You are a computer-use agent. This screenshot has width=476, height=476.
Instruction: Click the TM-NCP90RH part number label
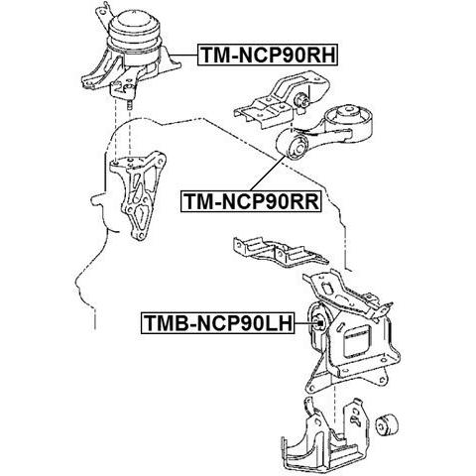click(x=268, y=55)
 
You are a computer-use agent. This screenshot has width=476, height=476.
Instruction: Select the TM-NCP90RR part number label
click(x=251, y=201)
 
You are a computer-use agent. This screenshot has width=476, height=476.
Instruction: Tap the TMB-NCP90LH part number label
click(x=218, y=323)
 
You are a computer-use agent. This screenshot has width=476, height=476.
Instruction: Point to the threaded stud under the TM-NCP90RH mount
click(x=130, y=105)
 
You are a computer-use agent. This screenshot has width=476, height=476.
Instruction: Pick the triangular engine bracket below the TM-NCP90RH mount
click(x=138, y=195)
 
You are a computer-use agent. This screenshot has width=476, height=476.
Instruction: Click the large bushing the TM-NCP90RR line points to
click(x=293, y=145)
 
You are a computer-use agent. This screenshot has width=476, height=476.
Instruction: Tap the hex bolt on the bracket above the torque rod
click(x=300, y=99)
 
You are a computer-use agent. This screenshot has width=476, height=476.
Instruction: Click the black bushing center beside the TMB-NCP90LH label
click(x=319, y=321)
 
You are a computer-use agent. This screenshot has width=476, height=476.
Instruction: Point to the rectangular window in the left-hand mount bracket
click(x=357, y=342)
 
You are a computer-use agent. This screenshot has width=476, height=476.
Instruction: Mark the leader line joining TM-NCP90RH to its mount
click(x=184, y=55)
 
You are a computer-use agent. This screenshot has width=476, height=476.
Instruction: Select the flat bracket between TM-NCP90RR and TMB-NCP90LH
click(x=281, y=251)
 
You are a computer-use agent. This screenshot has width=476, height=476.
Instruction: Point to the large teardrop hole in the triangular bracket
click(x=142, y=215)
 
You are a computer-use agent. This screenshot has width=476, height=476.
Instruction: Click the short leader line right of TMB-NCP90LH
click(x=304, y=323)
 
